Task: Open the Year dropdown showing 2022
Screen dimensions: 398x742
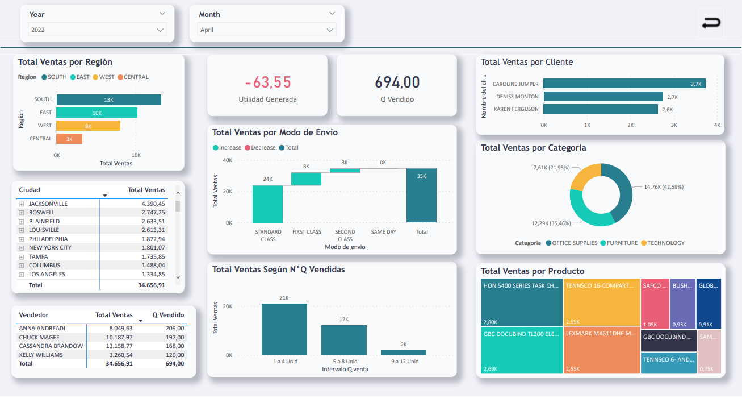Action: click(x=97, y=30)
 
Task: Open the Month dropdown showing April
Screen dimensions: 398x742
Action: click(x=266, y=30)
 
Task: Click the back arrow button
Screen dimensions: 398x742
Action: click(x=711, y=23)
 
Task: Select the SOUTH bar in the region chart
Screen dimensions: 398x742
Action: click(x=108, y=100)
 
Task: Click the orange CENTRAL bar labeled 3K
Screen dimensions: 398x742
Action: click(x=69, y=139)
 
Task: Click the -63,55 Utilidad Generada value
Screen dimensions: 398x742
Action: click(x=267, y=82)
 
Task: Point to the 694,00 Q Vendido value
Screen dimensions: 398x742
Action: click(x=397, y=82)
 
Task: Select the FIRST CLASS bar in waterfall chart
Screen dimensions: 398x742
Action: click(x=307, y=179)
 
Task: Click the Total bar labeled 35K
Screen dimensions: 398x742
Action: click(x=421, y=195)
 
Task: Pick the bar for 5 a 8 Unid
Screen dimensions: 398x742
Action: click(x=343, y=340)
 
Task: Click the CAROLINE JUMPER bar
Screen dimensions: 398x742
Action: click(x=624, y=84)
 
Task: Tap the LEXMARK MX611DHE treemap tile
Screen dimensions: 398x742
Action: click(x=601, y=350)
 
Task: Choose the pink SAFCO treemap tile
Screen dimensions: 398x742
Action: click(x=655, y=303)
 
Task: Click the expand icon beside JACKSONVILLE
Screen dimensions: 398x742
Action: click(x=22, y=204)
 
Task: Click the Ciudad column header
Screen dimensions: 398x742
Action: click(x=30, y=190)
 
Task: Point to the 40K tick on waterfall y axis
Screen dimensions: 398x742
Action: click(x=227, y=160)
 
